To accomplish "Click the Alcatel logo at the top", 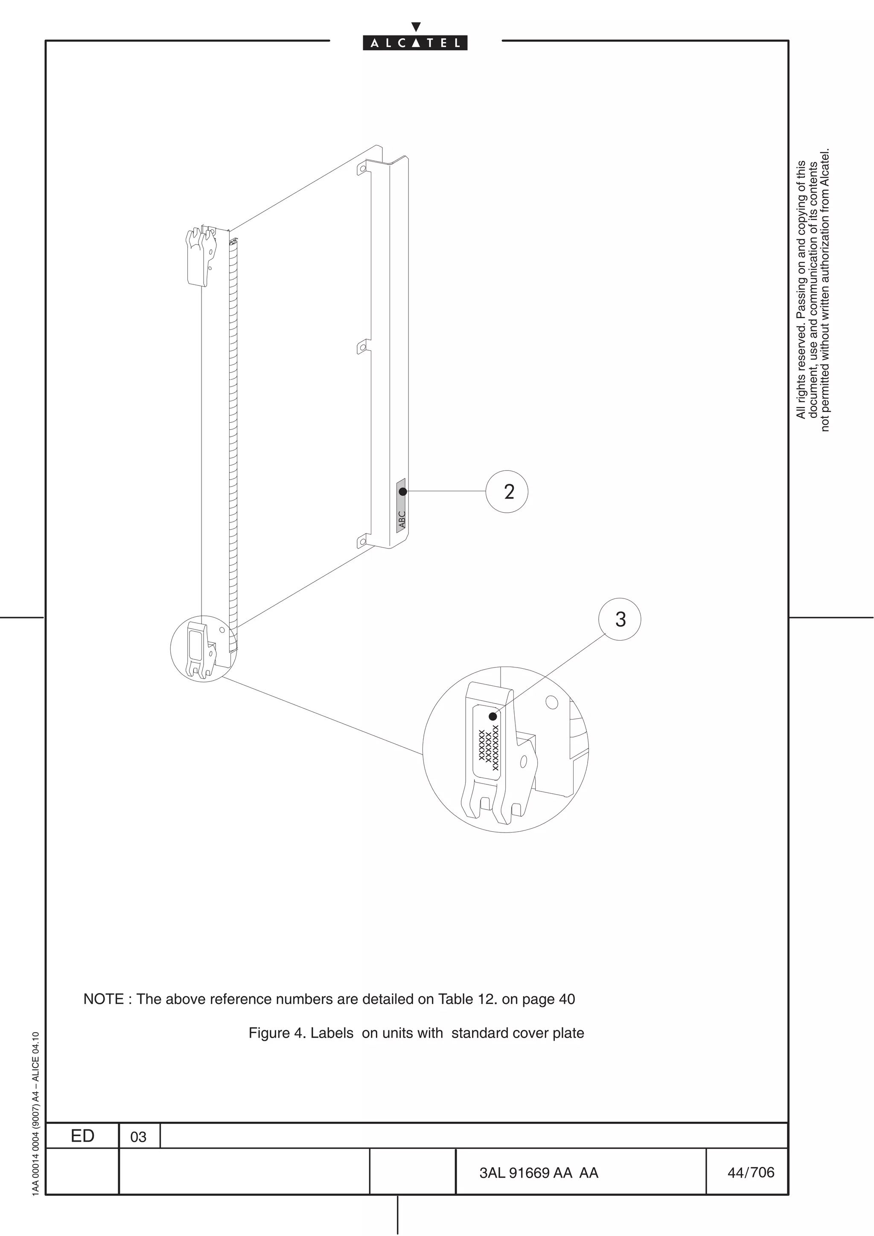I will click(415, 42).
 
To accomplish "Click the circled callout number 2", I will click(507, 491).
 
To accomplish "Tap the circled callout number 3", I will click(620, 619).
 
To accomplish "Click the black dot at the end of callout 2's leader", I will click(403, 491).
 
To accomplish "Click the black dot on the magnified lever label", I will click(493, 717).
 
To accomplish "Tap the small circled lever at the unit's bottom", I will click(203, 649).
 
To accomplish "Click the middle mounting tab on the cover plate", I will click(364, 347).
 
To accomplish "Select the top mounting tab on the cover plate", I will click(363, 168).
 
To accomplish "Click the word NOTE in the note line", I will click(103, 999).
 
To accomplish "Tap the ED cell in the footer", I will click(82, 1136).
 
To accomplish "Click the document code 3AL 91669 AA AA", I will click(539, 1173).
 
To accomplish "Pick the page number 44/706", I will click(750, 1172).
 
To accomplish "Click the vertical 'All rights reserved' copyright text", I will click(813, 291).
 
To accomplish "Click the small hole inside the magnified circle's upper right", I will click(551, 702).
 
